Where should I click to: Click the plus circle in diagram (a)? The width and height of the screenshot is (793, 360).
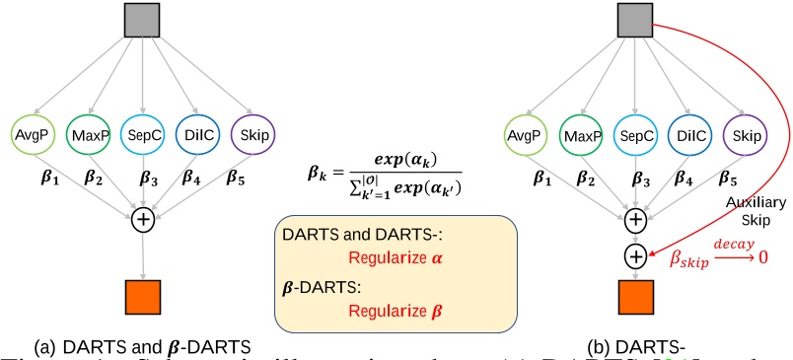pyautogui.click(x=144, y=219)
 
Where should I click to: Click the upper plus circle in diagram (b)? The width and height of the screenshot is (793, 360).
pyautogui.click(x=636, y=219)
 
